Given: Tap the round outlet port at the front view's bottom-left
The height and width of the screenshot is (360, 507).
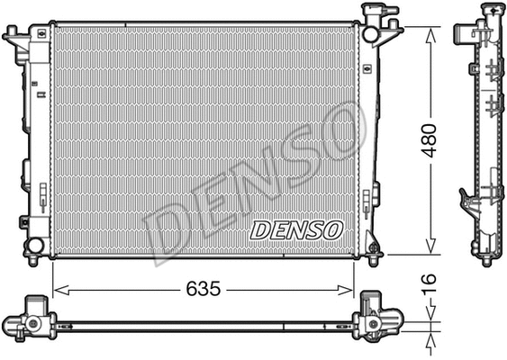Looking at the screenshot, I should [x=33, y=245].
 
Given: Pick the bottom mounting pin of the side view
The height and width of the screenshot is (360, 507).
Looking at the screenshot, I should [x=486, y=260].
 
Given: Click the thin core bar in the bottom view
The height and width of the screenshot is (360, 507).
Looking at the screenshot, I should [x=206, y=324].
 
